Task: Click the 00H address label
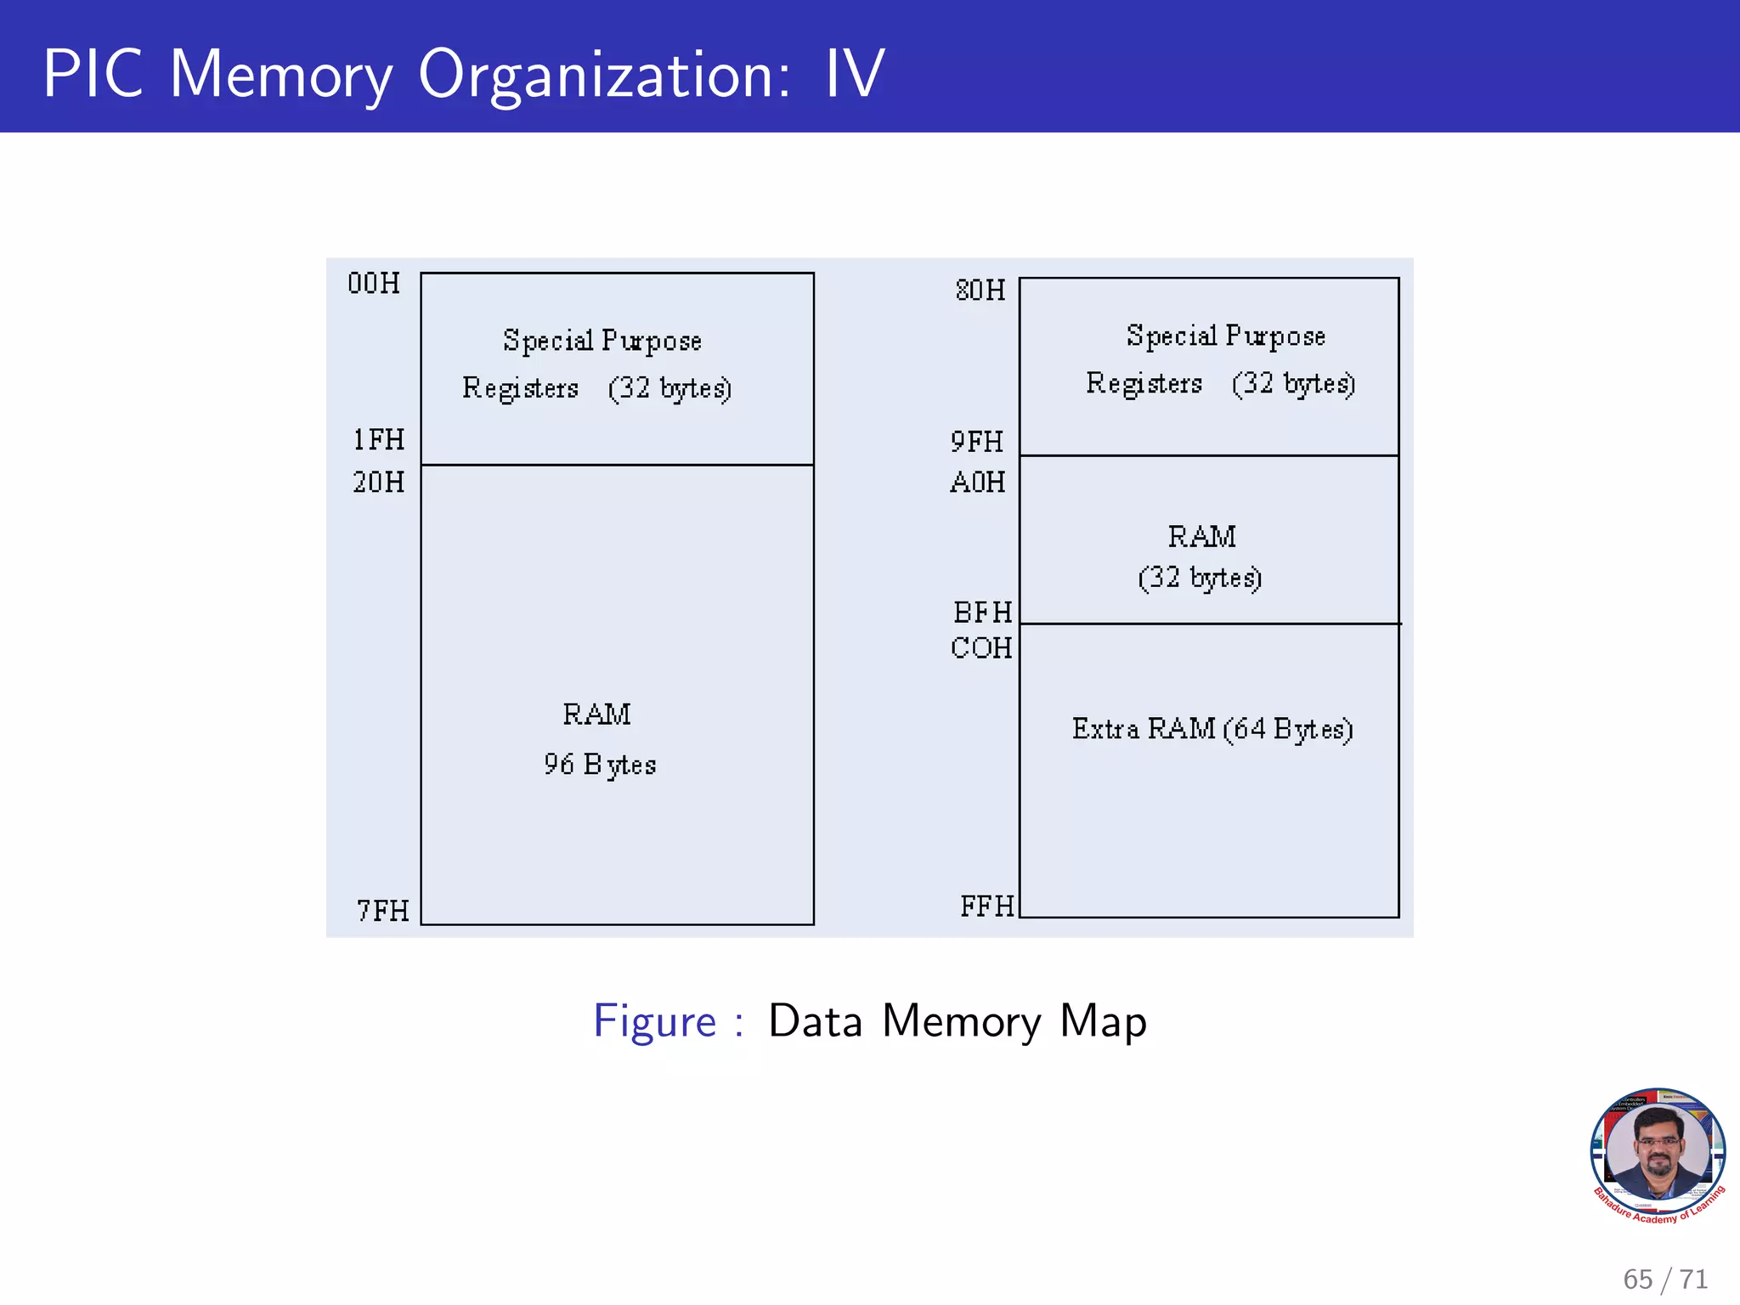(x=374, y=283)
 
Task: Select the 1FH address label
(x=379, y=439)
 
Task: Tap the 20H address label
(x=379, y=483)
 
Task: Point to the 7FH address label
(x=383, y=911)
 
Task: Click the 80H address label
(x=980, y=291)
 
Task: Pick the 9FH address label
(x=977, y=442)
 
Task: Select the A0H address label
(x=978, y=483)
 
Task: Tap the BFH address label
(x=983, y=613)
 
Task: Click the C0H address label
(x=981, y=648)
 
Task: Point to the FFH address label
(x=987, y=907)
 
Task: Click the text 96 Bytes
(x=600, y=765)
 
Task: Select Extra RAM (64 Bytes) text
(x=1212, y=729)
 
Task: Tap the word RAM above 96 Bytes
(x=596, y=715)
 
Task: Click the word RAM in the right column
(x=1201, y=537)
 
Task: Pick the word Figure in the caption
(x=655, y=1021)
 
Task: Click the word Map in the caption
(x=1103, y=1021)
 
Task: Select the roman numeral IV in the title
(x=855, y=74)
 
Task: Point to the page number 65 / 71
(x=1664, y=1279)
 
